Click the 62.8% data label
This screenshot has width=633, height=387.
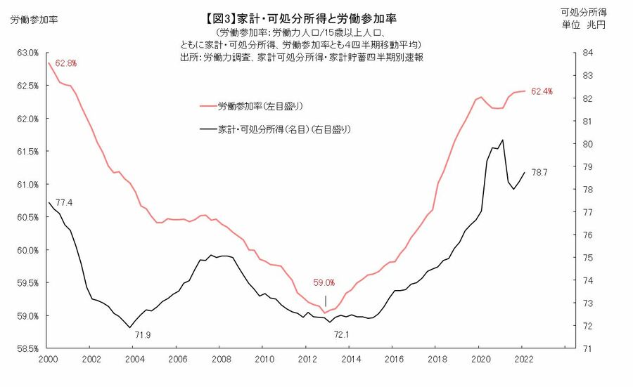65,63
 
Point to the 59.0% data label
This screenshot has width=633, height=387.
324,283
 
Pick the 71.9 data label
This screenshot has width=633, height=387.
143,334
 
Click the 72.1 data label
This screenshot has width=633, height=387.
341,334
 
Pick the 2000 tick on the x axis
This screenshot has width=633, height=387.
49,360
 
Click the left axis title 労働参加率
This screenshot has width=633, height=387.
34,19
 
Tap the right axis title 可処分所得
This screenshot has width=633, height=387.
584,12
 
